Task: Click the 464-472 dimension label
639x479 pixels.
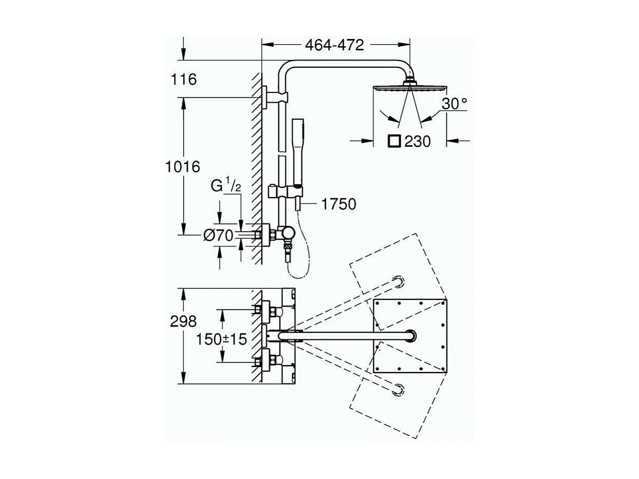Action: tap(334, 45)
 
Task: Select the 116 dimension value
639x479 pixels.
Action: tap(184, 80)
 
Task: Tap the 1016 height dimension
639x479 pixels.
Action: tap(183, 167)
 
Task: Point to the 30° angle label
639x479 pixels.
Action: tap(454, 104)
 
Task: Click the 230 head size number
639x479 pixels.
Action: tap(417, 141)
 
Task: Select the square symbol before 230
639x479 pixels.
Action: tap(394, 141)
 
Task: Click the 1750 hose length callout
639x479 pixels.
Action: tap(338, 204)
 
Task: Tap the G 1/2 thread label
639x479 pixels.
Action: tap(226, 185)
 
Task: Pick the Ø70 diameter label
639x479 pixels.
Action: tap(218, 236)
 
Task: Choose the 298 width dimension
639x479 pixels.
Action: tap(183, 321)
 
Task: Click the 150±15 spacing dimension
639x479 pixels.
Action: tap(222, 339)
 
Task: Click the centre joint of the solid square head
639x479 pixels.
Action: tap(410, 336)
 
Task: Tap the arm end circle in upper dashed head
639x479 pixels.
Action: tap(398, 281)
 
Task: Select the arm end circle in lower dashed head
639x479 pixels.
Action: tap(398, 389)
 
